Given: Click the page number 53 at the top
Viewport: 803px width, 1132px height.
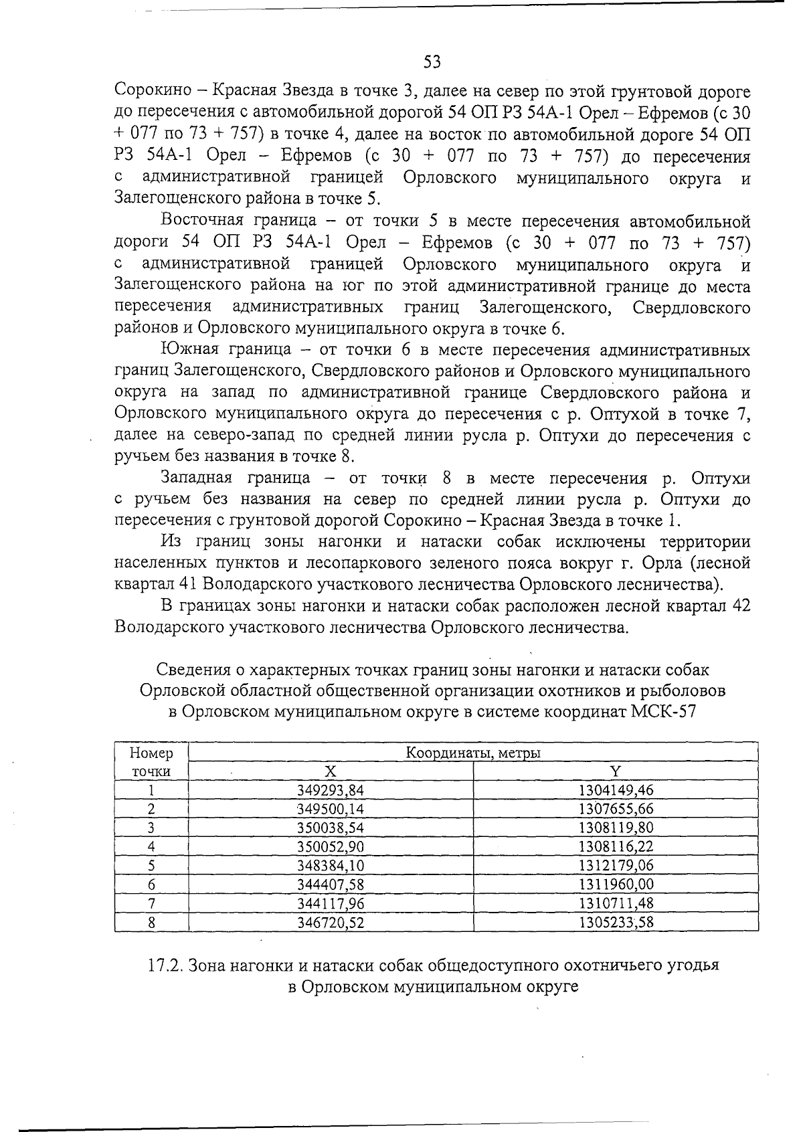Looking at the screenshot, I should pyautogui.click(x=432, y=62).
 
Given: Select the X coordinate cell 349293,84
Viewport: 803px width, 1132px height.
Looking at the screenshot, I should pyautogui.click(x=330, y=790).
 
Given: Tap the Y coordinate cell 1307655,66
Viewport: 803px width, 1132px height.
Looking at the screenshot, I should pyautogui.click(x=615, y=809).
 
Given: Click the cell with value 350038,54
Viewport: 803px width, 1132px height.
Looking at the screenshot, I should pyautogui.click(x=330, y=828).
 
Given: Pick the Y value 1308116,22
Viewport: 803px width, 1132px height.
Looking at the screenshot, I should pyautogui.click(x=615, y=846).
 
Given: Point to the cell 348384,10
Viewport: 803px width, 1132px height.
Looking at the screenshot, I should pyautogui.click(x=330, y=865).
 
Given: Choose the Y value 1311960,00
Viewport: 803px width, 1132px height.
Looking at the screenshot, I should pyautogui.click(x=615, y=884).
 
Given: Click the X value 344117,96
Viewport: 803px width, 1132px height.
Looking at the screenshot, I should pyautogui.click(x=330, y=903).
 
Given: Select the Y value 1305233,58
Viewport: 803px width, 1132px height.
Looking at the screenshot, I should pyautogui.click(x=615, y=923).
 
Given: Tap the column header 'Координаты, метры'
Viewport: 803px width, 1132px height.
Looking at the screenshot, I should pyautogui.click(x=473, y=753).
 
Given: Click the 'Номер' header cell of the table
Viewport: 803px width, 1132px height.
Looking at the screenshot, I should pyautogui.click(x=151, y=753).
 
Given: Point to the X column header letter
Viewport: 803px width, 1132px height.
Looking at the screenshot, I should pyautogui.click(x=330, y=771).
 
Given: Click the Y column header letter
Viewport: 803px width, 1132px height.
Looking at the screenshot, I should pyautogui.click(x=615, y=771).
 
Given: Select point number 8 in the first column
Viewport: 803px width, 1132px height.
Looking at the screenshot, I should pyautogui.click(x=151, y=923).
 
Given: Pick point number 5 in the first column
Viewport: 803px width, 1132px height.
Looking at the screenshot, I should pyautogui.click(x=151, y=865).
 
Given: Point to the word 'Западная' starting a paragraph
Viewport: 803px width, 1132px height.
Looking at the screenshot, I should pyautogui.click(x=196, y=478).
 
